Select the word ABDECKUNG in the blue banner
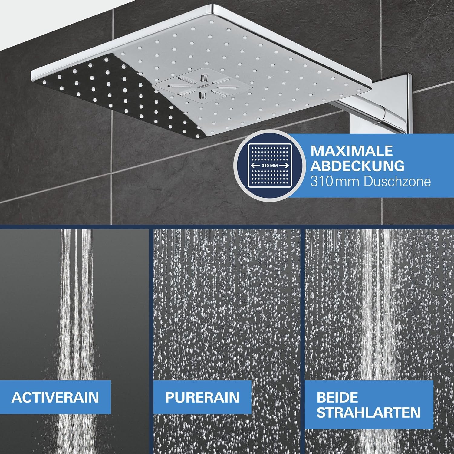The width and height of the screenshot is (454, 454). [x=357, y=166]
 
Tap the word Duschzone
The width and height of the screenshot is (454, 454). [x=397, y=182]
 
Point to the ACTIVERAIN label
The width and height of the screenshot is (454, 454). [x=55, y=397]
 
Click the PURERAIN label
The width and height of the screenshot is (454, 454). [x=202, y=397]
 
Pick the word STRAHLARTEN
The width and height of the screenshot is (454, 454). [x=368, y=413]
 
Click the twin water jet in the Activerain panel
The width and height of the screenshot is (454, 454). [x=76, y=303]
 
